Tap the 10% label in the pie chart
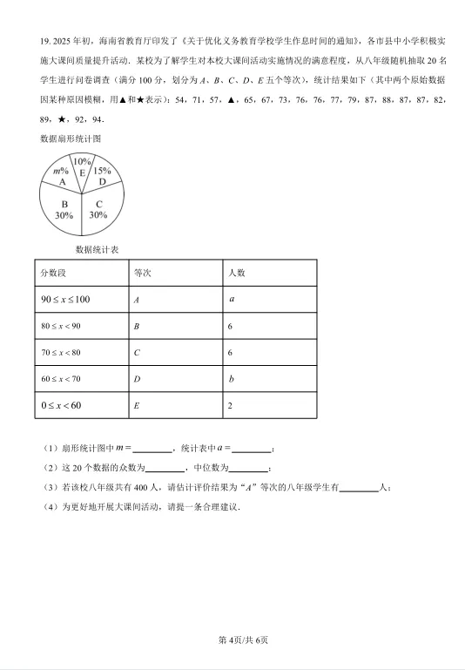pos(82,161)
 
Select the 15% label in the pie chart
pos(102,171)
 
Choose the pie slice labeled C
pos(98,208)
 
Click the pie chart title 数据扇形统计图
pos(71,139)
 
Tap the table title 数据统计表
pos(98,249)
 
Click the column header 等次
pos(143,273)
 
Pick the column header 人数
pos(236,273)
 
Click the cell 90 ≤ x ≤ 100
pos(65,300)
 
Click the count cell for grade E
pos(231,406)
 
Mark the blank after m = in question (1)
pos(153,449)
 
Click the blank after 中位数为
pos(249,469)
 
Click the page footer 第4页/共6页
pos(232,640)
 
